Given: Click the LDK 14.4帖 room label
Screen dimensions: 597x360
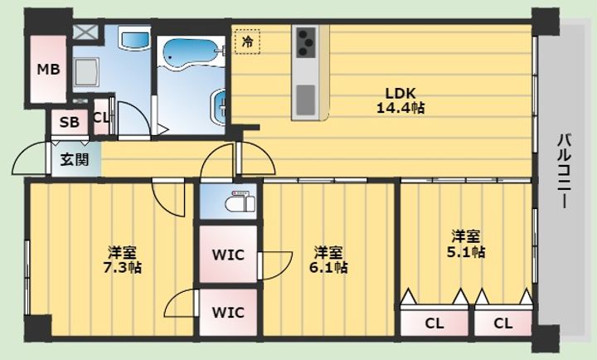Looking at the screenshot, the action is pos(400,100).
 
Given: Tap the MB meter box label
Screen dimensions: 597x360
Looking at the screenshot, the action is pos(48,70).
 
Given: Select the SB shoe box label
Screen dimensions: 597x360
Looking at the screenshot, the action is pos(70,122).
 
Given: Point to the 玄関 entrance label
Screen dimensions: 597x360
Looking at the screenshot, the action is pos(75,159).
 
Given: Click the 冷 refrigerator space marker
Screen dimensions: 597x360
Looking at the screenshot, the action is pos(247,41).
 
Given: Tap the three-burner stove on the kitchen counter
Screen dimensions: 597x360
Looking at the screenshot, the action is pos(306,42).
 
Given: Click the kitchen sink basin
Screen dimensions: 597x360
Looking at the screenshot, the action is pos(306,100).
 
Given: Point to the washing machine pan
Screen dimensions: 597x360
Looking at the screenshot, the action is pos(87,72).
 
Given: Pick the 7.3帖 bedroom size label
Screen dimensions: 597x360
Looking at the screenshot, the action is pos(122,267).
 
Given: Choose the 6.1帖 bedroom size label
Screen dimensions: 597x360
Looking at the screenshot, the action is pos(328,267).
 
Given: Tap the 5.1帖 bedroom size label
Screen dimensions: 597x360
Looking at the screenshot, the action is pos(466,252).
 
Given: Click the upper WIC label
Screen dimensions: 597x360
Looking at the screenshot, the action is pos(228,255).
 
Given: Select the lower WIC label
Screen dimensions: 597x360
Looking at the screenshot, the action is pos(228,313).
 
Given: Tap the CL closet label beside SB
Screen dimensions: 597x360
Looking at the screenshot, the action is pos(101,118).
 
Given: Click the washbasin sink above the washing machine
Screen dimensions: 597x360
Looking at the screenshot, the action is pos(134,39).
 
